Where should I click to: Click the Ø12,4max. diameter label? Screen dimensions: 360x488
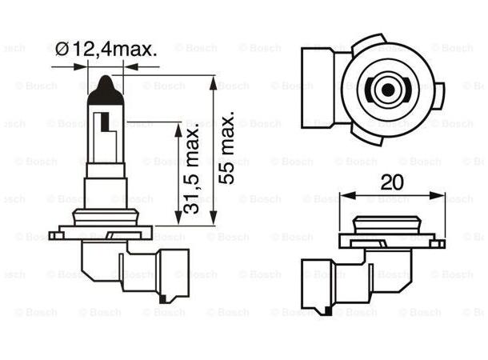tap(107, 50)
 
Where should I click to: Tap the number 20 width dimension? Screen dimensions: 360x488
tap(392, 181)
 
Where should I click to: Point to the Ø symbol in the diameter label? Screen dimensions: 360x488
tap(65, 50)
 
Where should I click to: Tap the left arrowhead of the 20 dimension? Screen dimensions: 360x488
tap(344, 194)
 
